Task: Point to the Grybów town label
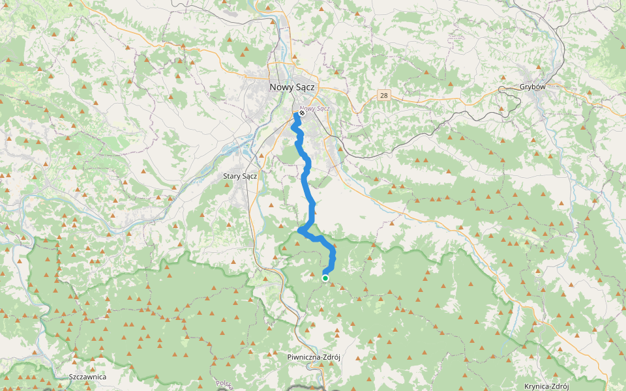tap(532, 87)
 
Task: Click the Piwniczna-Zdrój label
tap(314, 357)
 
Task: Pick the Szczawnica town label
tap(87, 377)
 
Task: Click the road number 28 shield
tap(383, 95)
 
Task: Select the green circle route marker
tap(325, 278)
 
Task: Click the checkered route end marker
tap(302, 113)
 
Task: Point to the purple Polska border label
tap(224, 384)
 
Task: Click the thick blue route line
tap(310, 195)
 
